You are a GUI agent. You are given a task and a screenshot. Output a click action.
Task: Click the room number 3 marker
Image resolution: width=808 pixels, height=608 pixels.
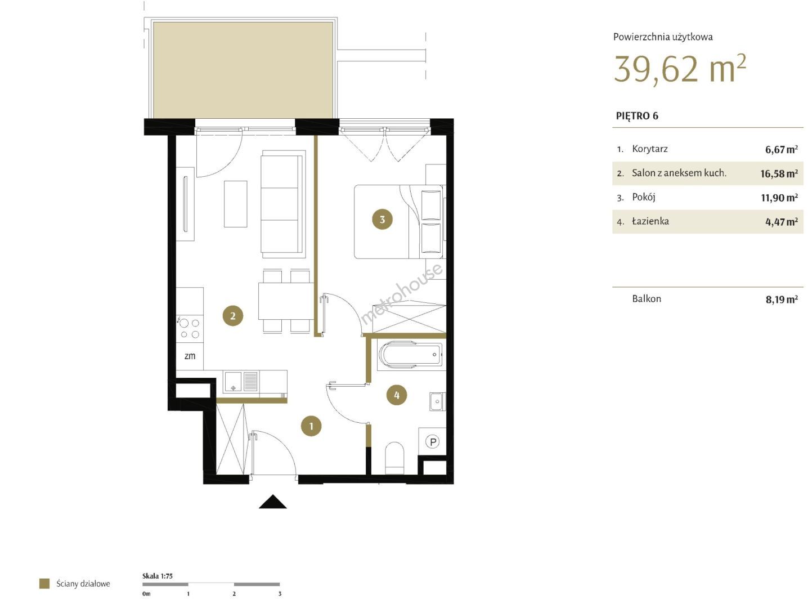[x=382, y=220]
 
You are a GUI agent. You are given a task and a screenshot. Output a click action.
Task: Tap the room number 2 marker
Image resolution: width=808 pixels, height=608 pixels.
[x=232, y=316]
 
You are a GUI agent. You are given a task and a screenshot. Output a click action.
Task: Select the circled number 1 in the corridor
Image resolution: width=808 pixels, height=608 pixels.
[x=311, y=426]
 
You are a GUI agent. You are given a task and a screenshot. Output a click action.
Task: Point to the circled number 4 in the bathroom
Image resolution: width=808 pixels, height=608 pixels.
[x=397, y=395]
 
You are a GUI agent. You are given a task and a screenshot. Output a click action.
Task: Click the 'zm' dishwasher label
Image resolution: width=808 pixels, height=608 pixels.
[x=190, y=356]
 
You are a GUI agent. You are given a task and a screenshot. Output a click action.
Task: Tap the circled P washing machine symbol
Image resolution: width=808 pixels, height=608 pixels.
[x=433, y=441]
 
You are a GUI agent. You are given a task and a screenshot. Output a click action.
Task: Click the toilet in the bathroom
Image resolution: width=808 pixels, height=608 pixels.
[x=394, y=458]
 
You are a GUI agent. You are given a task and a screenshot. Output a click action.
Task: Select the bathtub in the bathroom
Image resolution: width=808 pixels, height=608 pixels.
[x=411, y=355]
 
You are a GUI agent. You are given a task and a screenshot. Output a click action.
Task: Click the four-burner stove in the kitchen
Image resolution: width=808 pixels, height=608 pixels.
[x=189, y=329]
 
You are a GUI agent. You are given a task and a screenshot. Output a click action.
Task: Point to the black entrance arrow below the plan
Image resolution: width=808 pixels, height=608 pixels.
[x=273, y=502]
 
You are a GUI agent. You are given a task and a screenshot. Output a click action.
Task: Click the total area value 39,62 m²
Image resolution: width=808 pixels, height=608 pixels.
[x=680, y=69]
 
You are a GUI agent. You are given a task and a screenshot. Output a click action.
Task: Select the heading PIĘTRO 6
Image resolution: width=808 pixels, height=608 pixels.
[x=637, y=116]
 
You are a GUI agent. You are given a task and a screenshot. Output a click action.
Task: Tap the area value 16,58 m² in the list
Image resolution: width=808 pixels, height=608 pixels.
[x=779, y=173]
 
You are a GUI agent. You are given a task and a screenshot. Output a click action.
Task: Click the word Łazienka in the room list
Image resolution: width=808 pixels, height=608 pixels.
[x=650, y=221]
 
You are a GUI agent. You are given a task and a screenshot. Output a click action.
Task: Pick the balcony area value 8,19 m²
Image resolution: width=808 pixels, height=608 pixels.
[x=782, y=299]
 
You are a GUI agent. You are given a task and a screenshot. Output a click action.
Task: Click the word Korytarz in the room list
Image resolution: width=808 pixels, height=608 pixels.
[x=650, y=149]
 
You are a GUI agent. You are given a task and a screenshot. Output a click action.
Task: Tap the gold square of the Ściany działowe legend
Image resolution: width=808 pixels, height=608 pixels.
[x=44, y=584]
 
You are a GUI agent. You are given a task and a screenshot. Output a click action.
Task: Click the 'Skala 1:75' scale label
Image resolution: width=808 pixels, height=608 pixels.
[x=157, y=576]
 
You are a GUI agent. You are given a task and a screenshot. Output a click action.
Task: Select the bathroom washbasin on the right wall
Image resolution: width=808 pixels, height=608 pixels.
[x=437, y=401]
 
